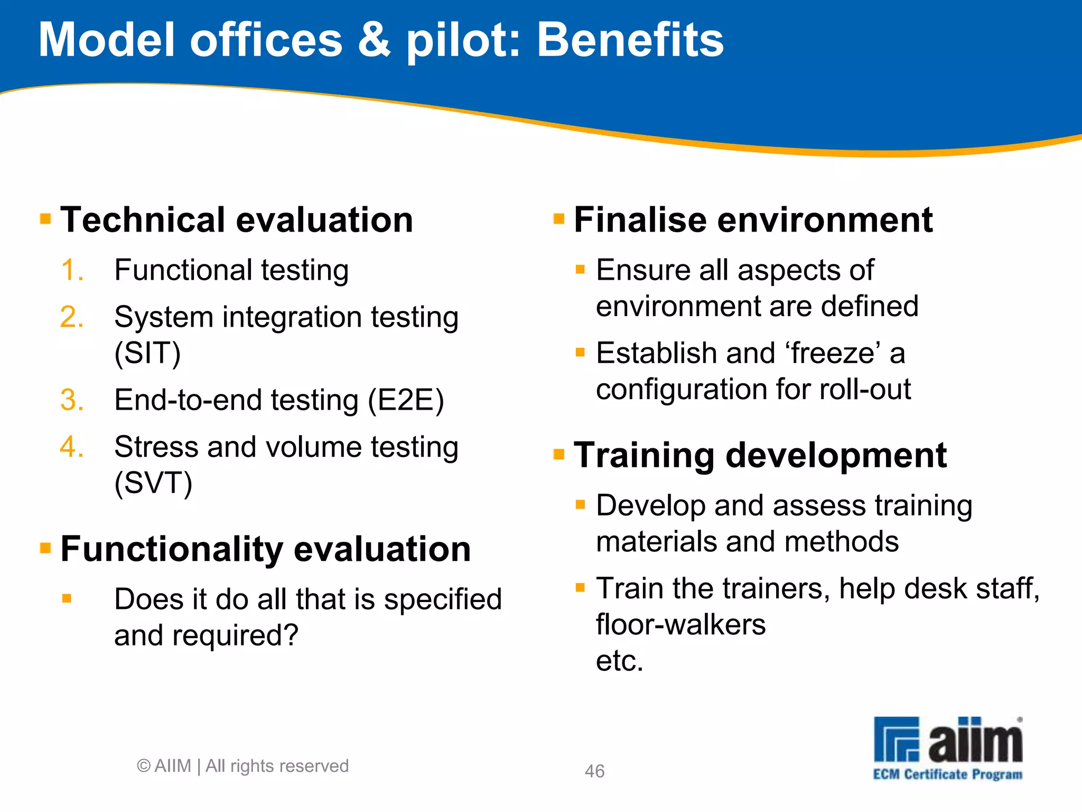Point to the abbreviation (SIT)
click(x=147, y=353)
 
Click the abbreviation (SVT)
click(x=153, y=483)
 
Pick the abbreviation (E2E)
click(x=406, y=400)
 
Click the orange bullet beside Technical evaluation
click(x=46, y=218)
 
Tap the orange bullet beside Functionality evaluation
click(x=46, y=548)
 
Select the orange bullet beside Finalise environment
click(x=559, y=218)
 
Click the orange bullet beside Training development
click(x=559, y=454)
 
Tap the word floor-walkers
click(x=680, y=624)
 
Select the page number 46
click(x=594, y=771)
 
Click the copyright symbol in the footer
click(x=144, y=766)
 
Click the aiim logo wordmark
click(x=975, y=740)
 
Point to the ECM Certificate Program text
click(x=947, y=774)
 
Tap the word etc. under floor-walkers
click(x=619, y=661)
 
